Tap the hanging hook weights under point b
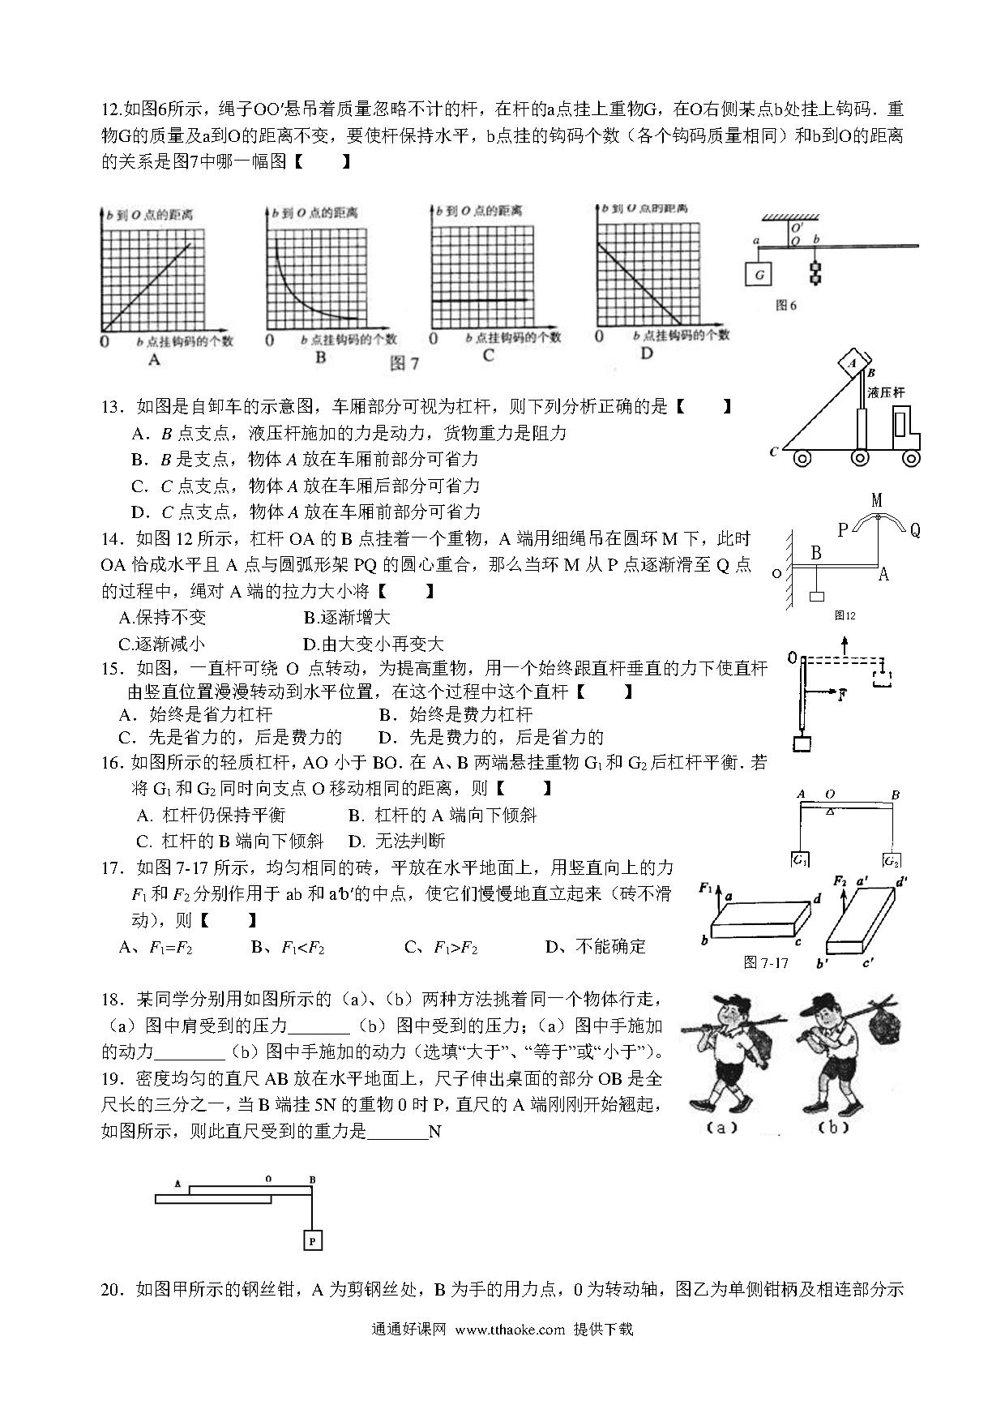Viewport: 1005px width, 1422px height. (x=814, y=272)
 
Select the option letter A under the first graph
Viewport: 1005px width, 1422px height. (x=155, y=359)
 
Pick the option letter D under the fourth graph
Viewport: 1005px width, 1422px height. (x=646, y=353)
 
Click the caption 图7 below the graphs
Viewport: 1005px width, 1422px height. (x=404, y=362)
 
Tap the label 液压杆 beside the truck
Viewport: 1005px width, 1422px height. (x=885, y=392)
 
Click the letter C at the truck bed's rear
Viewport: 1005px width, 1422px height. (x=774, y=452)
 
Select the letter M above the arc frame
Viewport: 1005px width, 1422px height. (x=877, y=500)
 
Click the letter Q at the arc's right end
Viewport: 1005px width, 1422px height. (x=915, y=530)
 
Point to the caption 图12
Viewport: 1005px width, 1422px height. (x=845, y=615)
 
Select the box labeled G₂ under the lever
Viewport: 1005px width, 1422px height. (x=892, y=860)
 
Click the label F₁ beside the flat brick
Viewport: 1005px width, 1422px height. (x=705, y=889)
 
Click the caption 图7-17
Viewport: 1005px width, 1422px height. (x=766, y=962)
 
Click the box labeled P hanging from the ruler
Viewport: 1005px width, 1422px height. (x=311, y=1240)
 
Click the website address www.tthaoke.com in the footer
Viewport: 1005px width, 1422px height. (x=510, y=1329)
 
